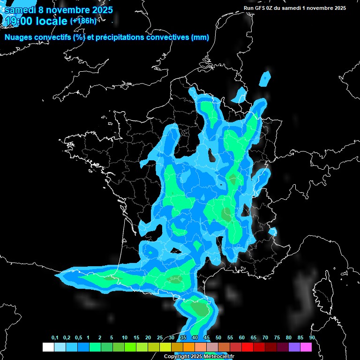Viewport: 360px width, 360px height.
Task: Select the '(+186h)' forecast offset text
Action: click(83, 21)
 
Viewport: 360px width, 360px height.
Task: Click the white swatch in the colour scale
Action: click(48, 347)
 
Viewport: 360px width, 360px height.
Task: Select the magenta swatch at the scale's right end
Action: click(306, 347)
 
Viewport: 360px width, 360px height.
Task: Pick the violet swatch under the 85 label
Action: click(294, 347)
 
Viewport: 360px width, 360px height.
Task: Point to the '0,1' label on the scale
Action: click(55, 338)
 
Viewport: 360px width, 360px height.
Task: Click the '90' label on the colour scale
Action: click(312, 338)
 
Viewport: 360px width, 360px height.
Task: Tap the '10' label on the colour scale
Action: click(124, 338)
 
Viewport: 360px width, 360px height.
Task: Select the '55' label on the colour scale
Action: click(230, 338)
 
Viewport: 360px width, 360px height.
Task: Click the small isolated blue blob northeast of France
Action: click(266, 78)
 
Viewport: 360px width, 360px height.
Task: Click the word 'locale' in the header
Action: click(52, 21)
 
